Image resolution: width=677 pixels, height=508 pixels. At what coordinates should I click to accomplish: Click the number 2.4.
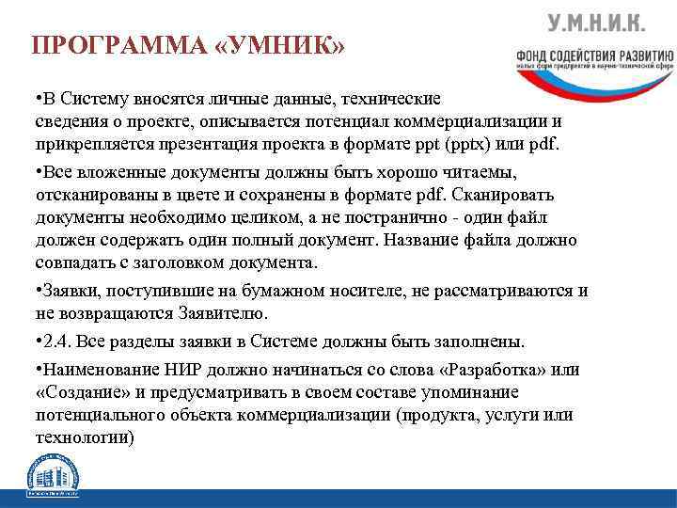tap(56, 340)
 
